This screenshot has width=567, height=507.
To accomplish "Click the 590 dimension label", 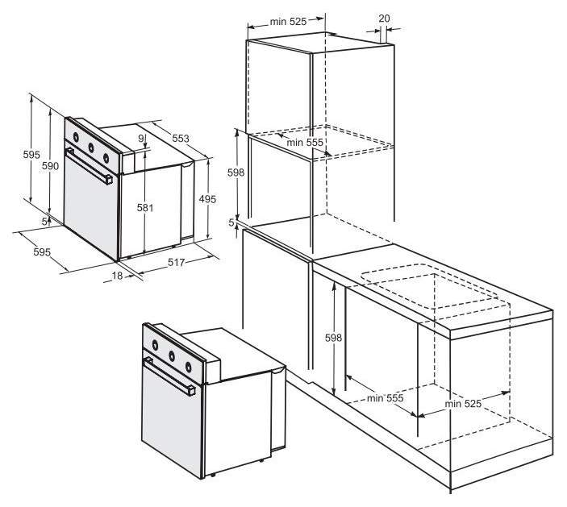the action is [50, 166].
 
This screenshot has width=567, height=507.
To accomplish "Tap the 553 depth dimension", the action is [181, 139].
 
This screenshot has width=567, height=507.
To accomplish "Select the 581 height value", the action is [145, 208].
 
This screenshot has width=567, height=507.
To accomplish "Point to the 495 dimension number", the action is [207, 199].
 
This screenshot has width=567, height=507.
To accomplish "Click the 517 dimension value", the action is [177, 262].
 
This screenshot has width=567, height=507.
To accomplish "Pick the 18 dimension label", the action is [117, 276].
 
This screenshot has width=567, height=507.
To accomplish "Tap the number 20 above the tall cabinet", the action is [385, 19].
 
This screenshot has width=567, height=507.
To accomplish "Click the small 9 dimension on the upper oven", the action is [141, 138].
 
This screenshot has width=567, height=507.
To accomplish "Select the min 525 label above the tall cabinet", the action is [288, 22].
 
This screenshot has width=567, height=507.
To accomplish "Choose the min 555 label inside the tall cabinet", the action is [305, 143].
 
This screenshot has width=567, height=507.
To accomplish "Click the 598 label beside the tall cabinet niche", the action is [236, 172].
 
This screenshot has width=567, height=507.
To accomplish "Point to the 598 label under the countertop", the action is [333, 338].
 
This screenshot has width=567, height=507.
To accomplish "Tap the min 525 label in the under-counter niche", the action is [463, 404].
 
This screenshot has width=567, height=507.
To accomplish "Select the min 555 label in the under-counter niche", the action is [385, 398].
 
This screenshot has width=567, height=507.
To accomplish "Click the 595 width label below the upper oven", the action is [42, 251].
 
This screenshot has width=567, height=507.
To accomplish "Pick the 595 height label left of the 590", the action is [31, 155].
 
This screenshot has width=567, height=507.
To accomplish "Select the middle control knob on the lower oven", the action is [172, 356].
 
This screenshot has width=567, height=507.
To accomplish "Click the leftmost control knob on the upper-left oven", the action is [76, 137].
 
